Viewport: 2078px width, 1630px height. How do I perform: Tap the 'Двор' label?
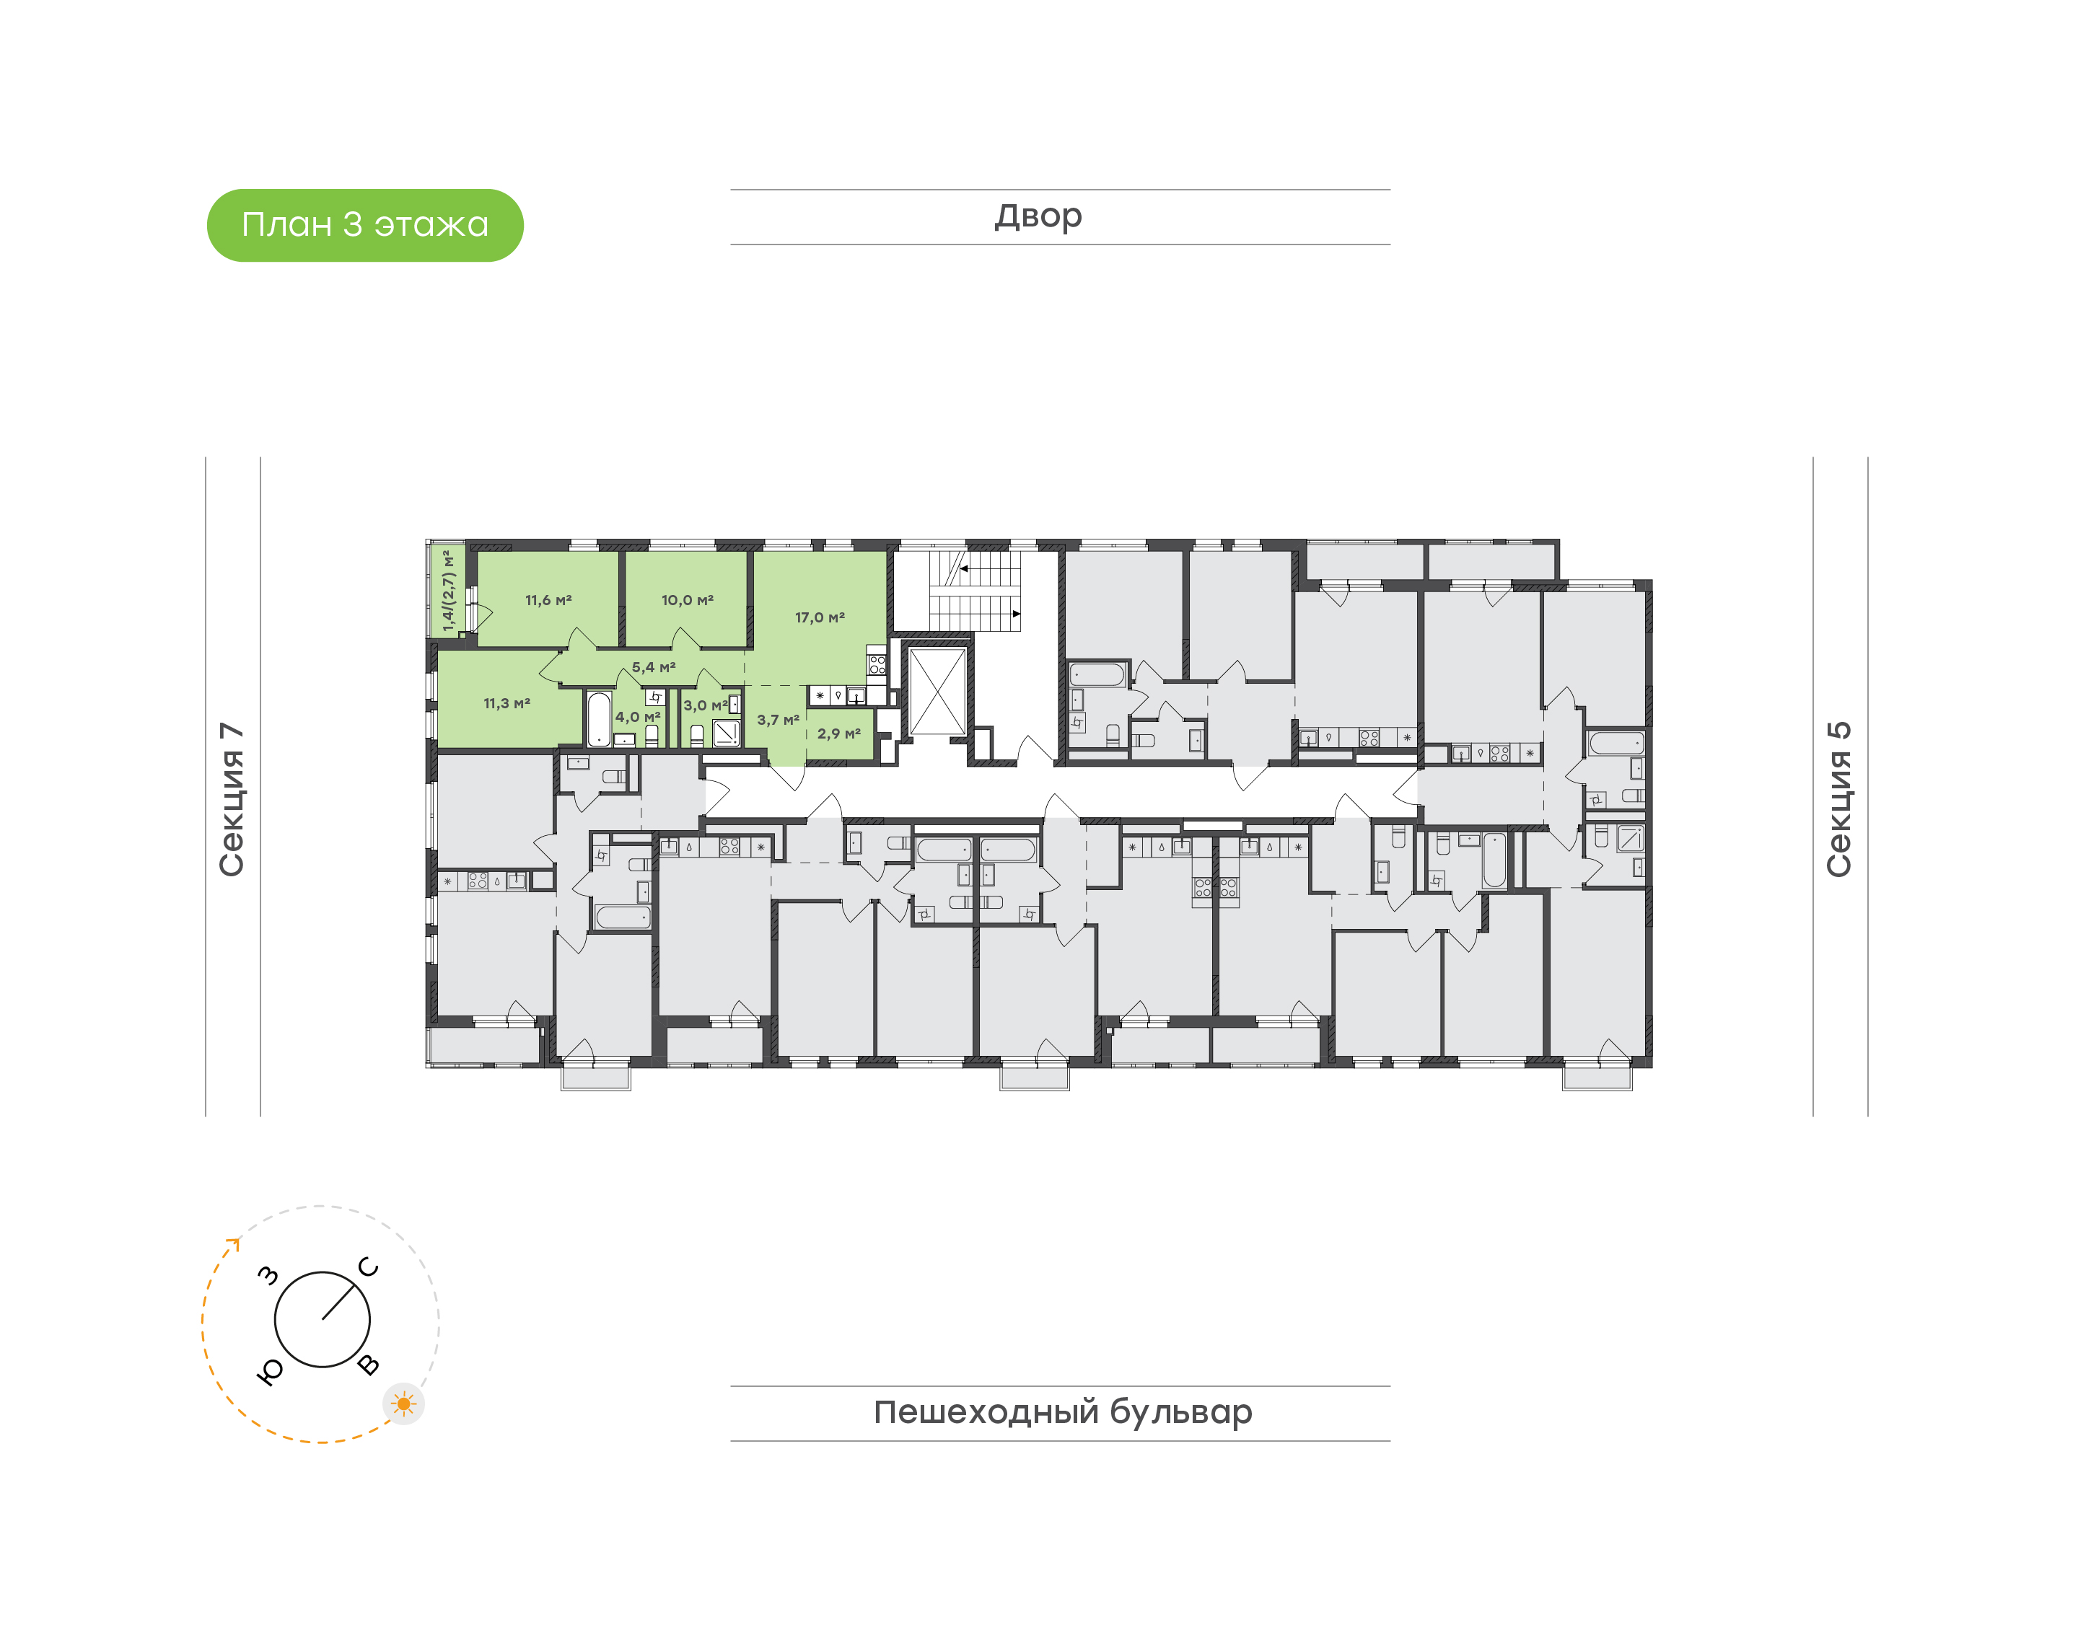tap(1038, 216)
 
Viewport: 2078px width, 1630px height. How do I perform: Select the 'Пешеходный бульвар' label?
tap(1062, 1412)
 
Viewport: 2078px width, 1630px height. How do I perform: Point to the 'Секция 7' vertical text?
tap(232, 799)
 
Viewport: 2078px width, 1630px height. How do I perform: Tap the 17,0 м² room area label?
tap(820, 617)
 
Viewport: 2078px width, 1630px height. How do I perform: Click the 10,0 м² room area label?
tap(688, 600)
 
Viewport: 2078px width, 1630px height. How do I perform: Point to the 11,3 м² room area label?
tap(507, 703)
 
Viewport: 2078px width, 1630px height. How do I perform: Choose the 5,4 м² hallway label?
tap(654, 667)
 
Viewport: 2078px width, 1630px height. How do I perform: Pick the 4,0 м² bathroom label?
tap(638, 717)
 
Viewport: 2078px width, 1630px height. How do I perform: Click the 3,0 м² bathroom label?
tap(706, 705)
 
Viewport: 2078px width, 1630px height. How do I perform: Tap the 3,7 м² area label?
tap(778, 720)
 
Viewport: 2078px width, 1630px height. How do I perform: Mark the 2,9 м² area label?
tap(839, 734)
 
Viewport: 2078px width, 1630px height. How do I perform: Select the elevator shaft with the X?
tap(937, 692)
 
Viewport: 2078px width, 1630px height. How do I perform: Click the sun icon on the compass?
tap(404, 1404)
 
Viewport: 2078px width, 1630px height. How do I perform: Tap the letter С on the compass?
tap(369, 1267)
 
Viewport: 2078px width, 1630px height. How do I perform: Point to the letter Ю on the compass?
tap(270, 1371)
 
